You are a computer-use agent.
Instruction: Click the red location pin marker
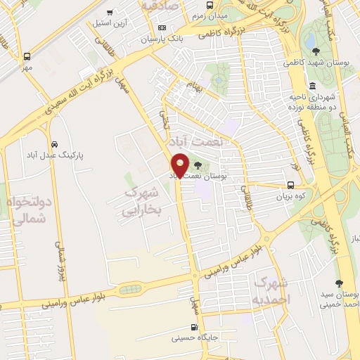pyautogui.click(x=181, y=166)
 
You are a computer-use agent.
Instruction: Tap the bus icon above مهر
pyautogui.click(x=27, y=56)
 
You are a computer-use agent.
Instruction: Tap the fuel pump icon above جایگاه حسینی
pyautogui.click(x=195, y=327)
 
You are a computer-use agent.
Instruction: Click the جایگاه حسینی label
pyautogui.click(x=195, y=338)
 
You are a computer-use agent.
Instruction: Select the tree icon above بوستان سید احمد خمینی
pyautogui.click(x=340, y=283)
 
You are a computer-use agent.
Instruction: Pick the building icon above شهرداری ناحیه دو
pyautogui.click(x=312, y=86)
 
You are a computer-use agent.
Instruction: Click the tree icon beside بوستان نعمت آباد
pyautogui.click(x=206, y=166)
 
